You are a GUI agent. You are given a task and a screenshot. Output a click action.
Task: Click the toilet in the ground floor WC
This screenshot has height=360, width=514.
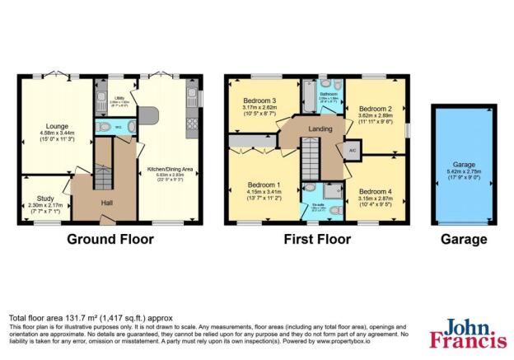tap(101, 127)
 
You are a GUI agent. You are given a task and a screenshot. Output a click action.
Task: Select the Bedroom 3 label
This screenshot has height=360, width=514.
tap(257, 100)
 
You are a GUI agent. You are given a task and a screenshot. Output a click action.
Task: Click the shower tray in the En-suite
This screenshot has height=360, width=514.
tap(334, 190)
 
